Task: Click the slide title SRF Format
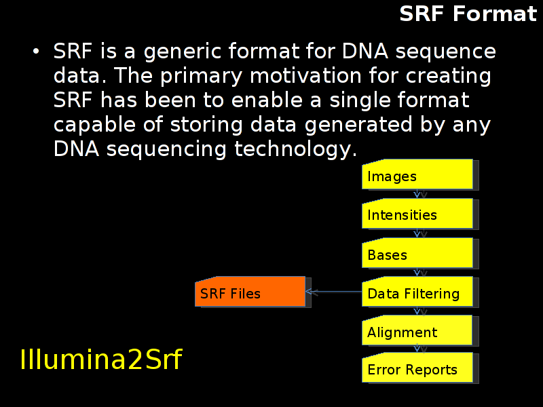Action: coord(468,14)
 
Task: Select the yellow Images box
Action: coord(417,174)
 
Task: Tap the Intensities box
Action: coord(417,214)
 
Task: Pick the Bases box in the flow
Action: coord(417,252)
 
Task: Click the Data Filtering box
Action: coord(417,292)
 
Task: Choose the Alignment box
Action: coord(417,330)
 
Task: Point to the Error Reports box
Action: coord(417,368)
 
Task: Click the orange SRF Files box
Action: coord(250,292)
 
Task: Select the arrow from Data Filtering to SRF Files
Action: coord(334,292)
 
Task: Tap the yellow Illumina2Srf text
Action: coord(101,360)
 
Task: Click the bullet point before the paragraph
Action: coord(36,52)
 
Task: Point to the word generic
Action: coord(182,52)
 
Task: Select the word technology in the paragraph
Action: coord(295,149)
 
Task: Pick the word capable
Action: coord(94,125)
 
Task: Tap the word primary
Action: coord(201,76)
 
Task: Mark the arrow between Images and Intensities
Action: coord(417,194)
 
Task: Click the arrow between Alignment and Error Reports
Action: coord(417,349)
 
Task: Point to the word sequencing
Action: coord(166,149)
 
